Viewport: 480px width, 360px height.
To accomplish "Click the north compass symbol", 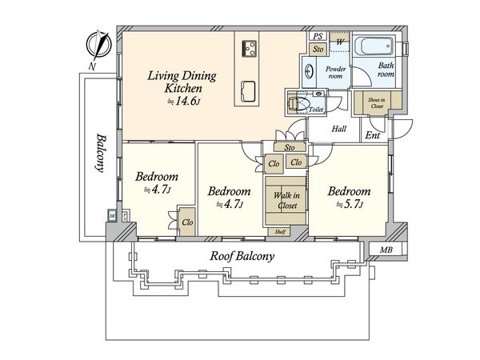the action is (x=98, y=46).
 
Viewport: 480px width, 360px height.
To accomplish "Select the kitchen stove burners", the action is (x=250, y=48).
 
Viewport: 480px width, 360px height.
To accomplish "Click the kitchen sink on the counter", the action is (x=248, y=91).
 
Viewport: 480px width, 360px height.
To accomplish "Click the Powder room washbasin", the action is (x=308, y=72).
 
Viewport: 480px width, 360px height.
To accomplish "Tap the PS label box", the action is (x=318, y=37).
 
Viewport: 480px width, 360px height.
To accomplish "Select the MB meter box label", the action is (x=386, y=250).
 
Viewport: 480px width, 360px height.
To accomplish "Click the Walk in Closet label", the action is (x=286, y=200).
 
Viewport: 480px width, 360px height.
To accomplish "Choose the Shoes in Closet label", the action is (x=377, y=103).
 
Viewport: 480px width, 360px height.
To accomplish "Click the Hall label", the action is (x=339, y=129).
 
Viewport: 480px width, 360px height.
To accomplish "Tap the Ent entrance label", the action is (x=373, y=135).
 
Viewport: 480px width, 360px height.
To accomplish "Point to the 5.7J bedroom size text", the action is (x=350, y=205).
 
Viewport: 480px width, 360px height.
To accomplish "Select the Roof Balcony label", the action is (x=242, y=256).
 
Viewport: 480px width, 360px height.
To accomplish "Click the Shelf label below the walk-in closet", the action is (x=280, y=232).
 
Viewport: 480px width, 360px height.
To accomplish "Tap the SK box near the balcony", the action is (x=112, y=216).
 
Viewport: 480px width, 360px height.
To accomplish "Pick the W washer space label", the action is (x=340, y=42).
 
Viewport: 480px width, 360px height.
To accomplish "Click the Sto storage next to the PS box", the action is (x=318, y=49).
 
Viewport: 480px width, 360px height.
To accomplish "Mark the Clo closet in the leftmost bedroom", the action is (x=187, y=222).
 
